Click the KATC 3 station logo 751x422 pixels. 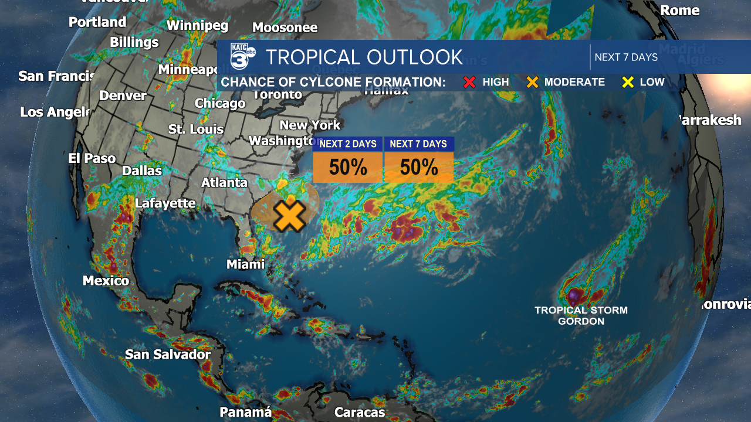[x=242, y=56]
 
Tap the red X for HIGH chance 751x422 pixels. [x=469, y=82]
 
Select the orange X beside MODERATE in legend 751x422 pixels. [x=532, y=82]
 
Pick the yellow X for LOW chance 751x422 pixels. [x=628, y=82]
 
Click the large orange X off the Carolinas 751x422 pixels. [x=289, y=216]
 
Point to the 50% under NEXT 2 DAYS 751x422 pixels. [x=348, y=168]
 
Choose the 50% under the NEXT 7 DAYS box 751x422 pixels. [x=419, y=168]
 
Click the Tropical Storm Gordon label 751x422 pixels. [x=581, y=315]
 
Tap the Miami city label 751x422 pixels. [x=246, y=264]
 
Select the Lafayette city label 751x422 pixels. [x=165, y=203]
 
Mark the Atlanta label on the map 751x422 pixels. [x=224, y=182]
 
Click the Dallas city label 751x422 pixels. [x=142, y=171]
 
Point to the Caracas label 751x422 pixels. [x=360, y=412]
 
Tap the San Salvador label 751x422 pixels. [x=168, y=355]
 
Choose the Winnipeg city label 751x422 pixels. [x=197, y=25]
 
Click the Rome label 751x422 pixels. [x=680, y=10]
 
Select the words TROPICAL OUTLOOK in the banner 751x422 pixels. [x=364, y=57]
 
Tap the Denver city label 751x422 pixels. [x=123, y=95]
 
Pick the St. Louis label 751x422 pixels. [x=196, y=129]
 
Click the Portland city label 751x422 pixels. [x=97, y=22]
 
